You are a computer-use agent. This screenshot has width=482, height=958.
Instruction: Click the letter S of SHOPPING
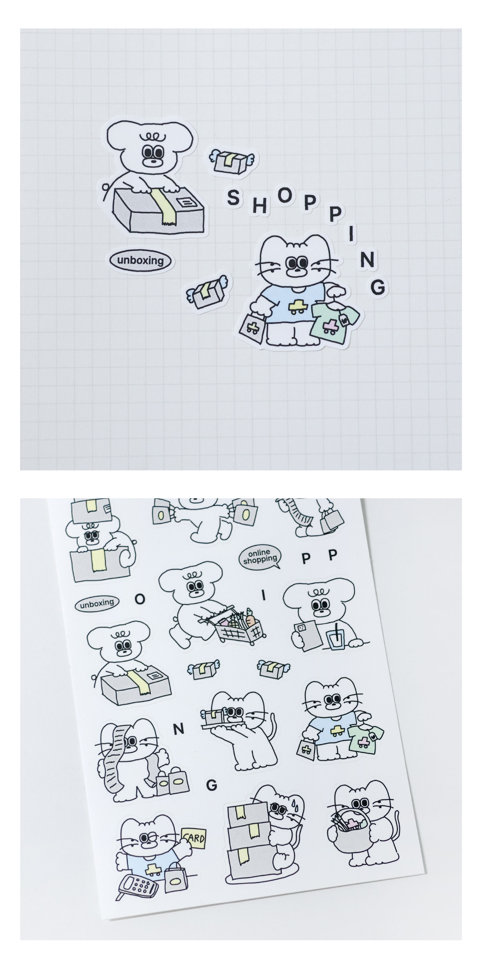click(x=233, y=197)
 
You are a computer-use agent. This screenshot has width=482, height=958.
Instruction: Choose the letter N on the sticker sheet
click(x=178, y=729)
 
